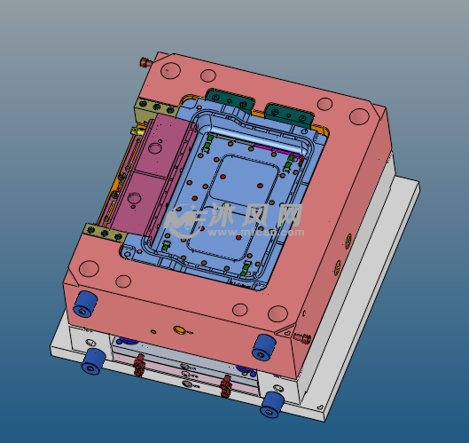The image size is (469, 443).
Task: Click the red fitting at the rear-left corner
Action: pyautogui.click(x=144, y=62)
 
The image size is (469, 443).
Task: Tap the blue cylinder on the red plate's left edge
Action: pyautogui.click(x=86, y=304)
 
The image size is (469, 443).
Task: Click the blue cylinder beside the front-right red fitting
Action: pyautogui.click(x=262, y=345)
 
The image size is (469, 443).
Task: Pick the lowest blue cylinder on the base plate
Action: pyautogui.click(x=271, y=405)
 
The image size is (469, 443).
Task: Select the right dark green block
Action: pyautogui.click(x=288, y=113)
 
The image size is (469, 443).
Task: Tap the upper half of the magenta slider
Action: pyautogui.click(x=164, y=146)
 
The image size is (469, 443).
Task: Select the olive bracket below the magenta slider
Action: pyautogui.click(x=105, y=233)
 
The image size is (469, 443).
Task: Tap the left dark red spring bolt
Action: pyautogui.click(x=139, y=365)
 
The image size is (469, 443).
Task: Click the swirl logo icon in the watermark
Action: pyautogui.click(x=182, y=218)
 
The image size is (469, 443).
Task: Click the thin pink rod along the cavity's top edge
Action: pyautogui.click(x=275, y=148)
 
